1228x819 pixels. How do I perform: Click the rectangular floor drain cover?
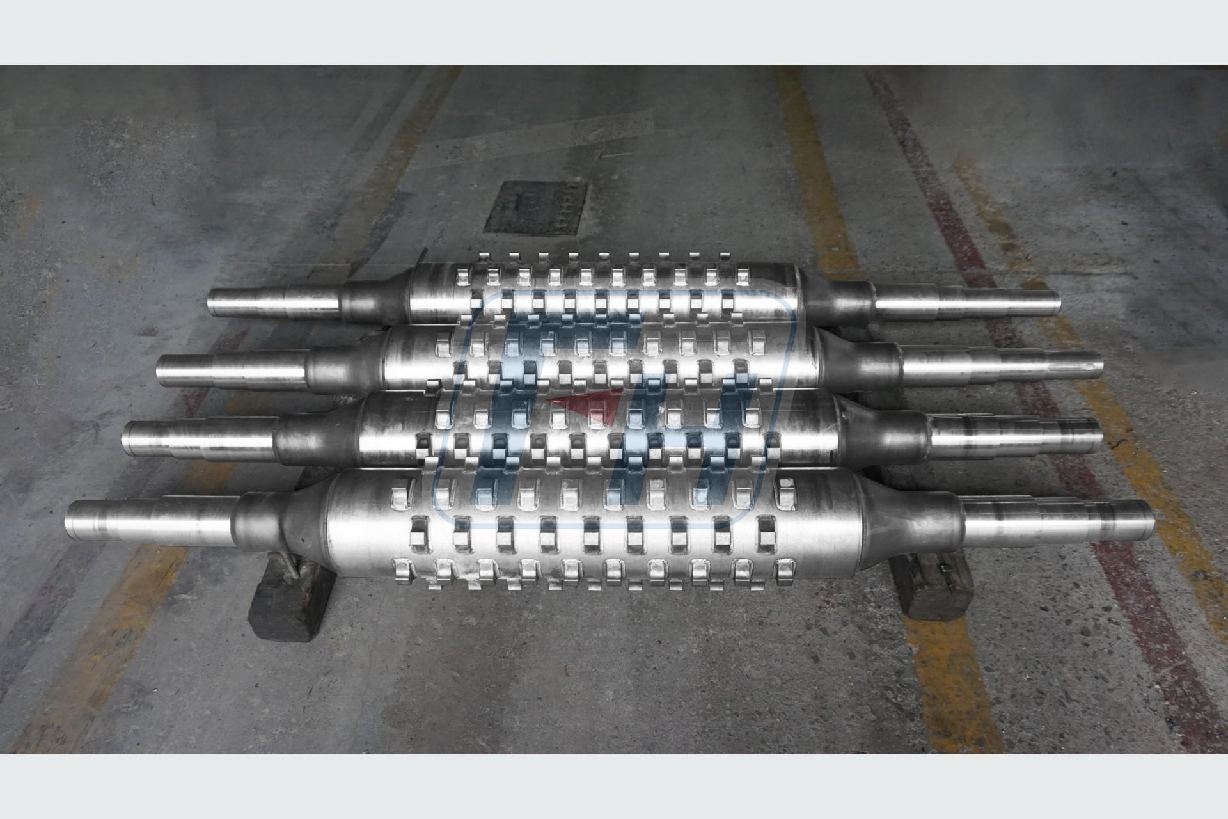coord(535,207)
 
